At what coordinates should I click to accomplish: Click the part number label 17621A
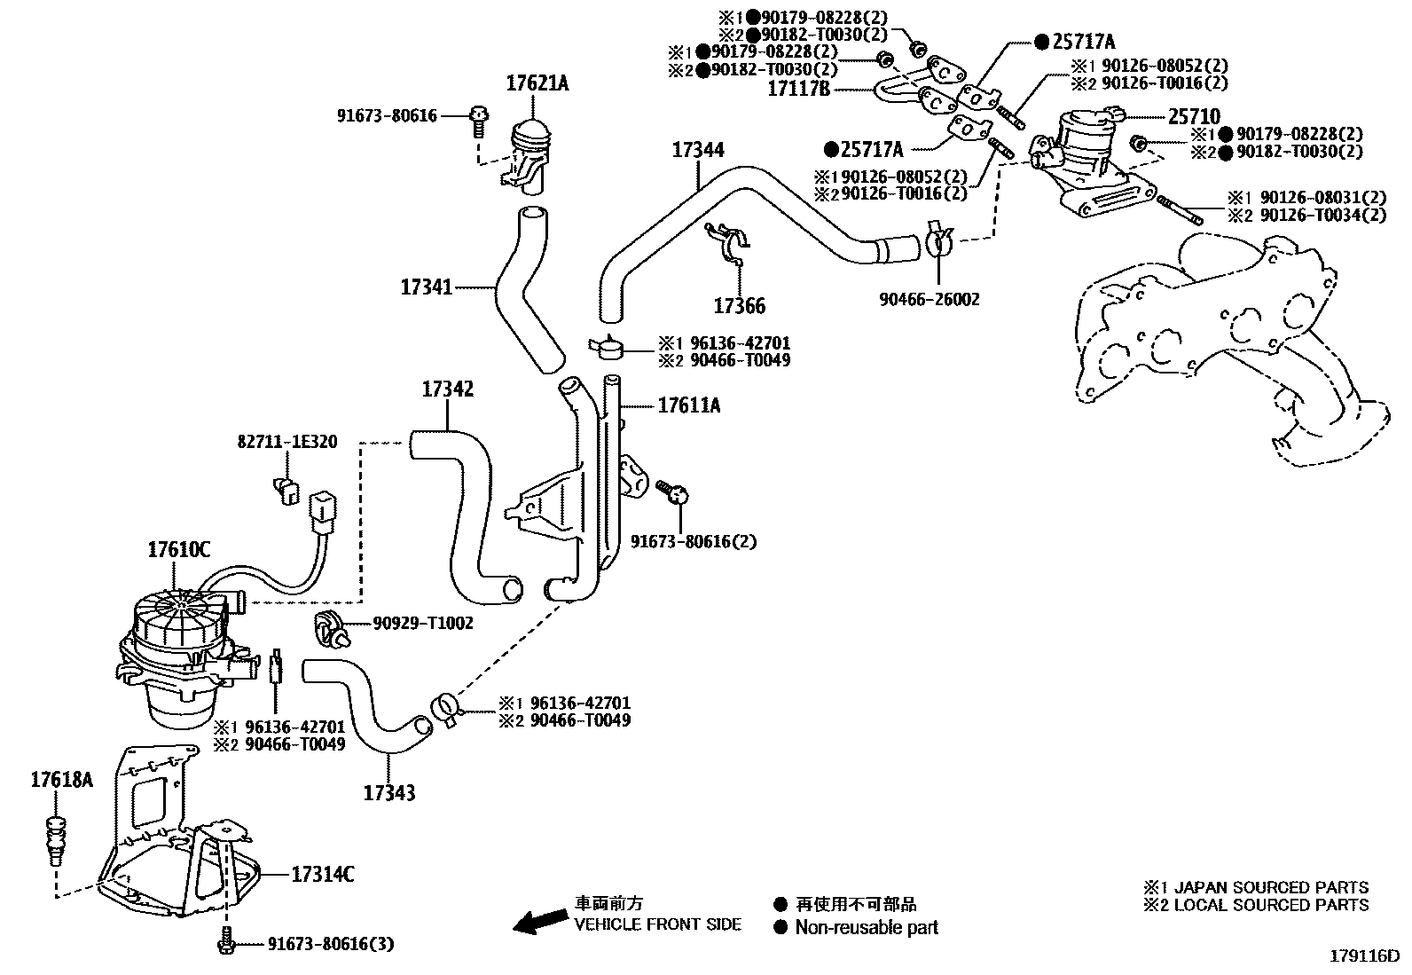[x=537, y=84]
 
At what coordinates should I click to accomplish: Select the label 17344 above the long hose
[x=697, y=150]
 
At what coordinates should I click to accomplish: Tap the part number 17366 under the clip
[x=739, y=307]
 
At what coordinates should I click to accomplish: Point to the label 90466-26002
[x=929, y=300]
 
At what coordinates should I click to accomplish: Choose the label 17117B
[x=798, y=88]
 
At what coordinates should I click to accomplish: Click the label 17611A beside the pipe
[x=688, y=406]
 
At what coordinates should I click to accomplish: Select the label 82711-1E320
[x=286, y=442]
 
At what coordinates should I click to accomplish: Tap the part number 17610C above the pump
[x=178, y=550]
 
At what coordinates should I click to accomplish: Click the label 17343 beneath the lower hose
[x=388, y=792]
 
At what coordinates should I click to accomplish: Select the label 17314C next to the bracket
[x=323, y=875]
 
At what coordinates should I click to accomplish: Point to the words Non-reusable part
[x=866, y=928]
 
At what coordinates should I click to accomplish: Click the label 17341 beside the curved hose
[x=427, y=287]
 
